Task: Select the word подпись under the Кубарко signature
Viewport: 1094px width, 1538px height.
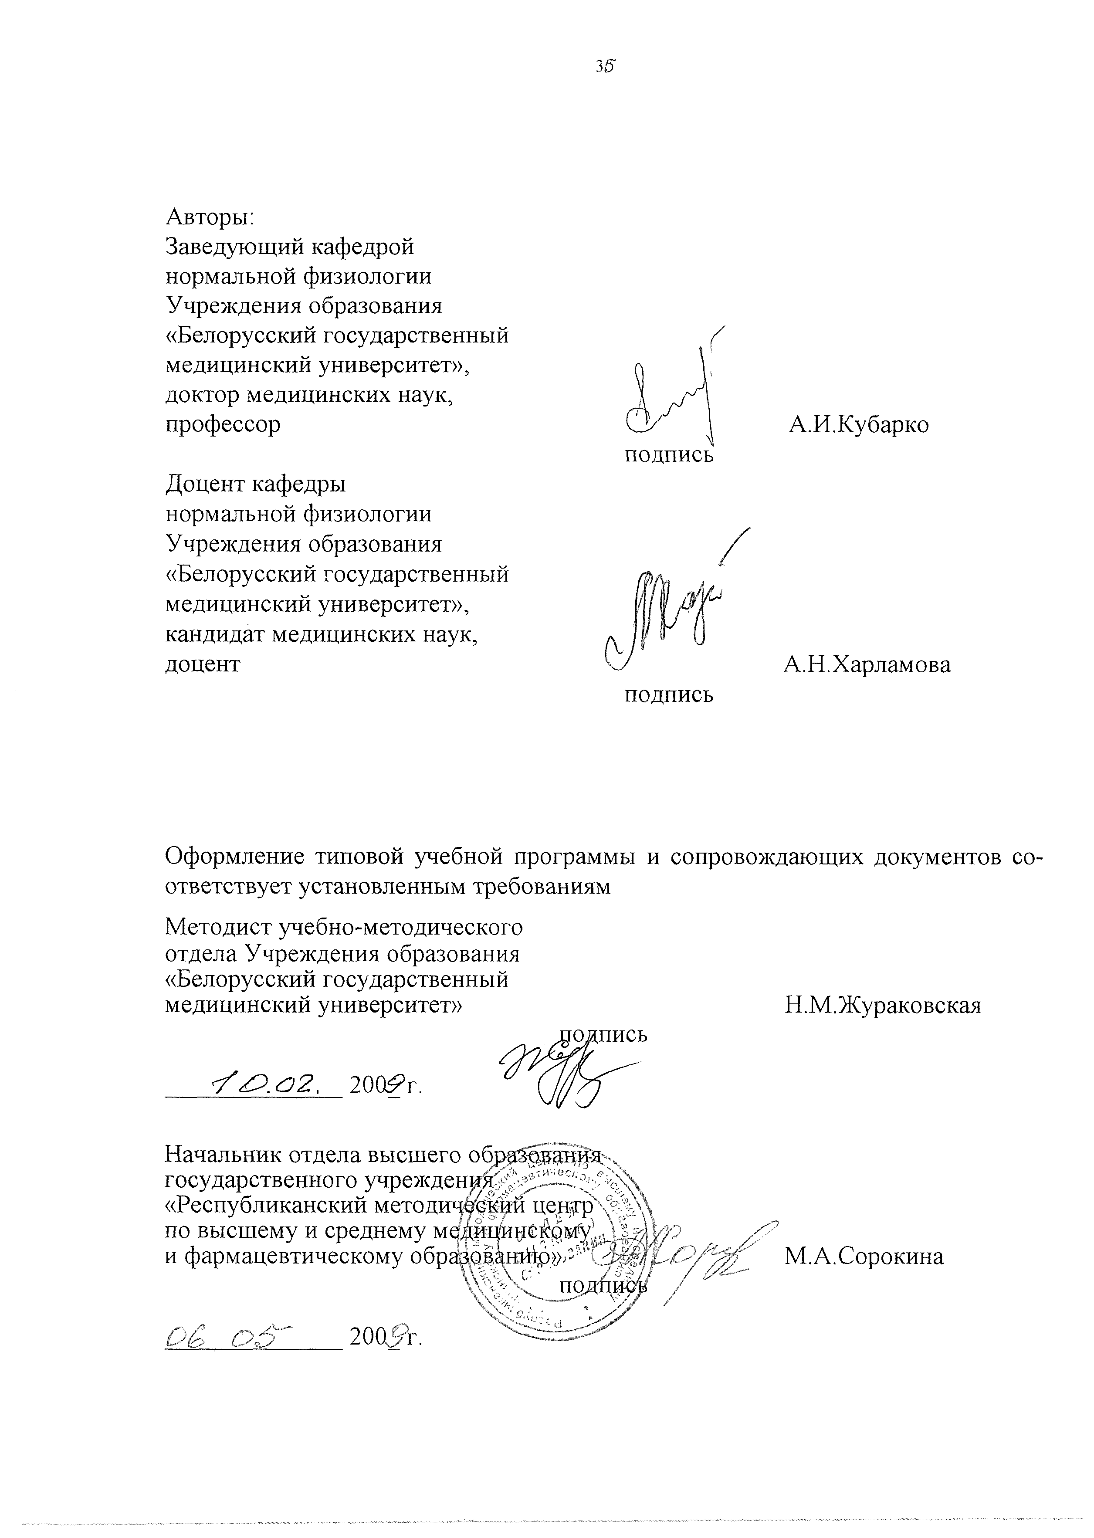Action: click(x=669, y=455)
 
